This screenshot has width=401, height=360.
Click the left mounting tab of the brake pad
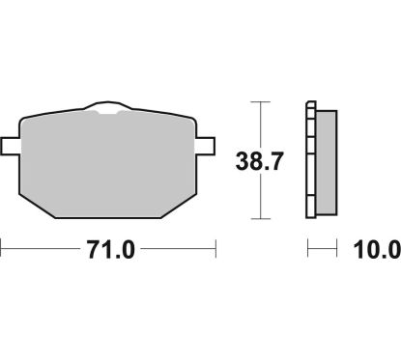[x=11, y=147]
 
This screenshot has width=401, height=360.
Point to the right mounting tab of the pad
[x=205, y=147]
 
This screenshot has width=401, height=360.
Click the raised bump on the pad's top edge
[x=107, y=107]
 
